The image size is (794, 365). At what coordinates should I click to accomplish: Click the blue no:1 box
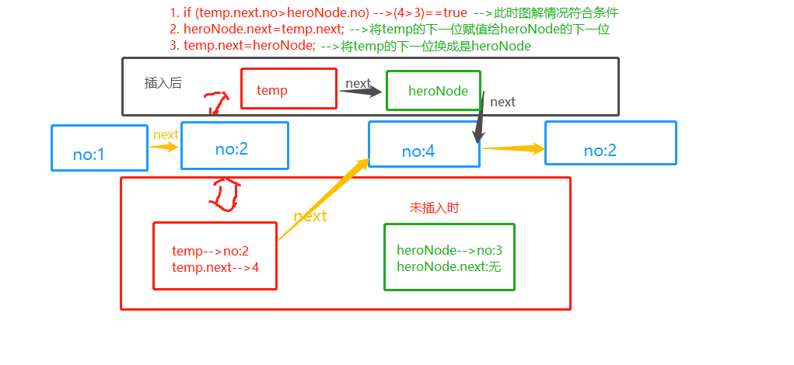point(99,148)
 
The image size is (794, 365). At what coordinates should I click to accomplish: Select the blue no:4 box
point(424,144)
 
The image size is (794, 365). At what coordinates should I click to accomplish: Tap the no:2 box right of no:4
point(610,143)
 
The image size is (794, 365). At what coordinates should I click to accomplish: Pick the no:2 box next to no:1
point(234,145)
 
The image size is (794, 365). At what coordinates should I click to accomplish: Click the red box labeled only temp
point(289,89)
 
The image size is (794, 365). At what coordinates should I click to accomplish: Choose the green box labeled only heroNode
point(433,90)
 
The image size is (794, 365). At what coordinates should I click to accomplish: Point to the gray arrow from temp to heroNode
point(361,92)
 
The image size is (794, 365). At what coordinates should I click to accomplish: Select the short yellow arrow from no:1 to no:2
point(164,146)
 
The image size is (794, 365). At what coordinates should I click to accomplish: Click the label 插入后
point(163,83)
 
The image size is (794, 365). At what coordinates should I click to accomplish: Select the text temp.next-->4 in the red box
point(215,267)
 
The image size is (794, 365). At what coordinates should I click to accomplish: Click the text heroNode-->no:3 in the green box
point(449,250)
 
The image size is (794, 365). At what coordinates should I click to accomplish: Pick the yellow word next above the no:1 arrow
point(166,134)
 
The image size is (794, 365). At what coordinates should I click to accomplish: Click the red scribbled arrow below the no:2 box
point(223,194)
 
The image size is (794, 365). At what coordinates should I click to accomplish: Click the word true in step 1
point(455,13)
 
